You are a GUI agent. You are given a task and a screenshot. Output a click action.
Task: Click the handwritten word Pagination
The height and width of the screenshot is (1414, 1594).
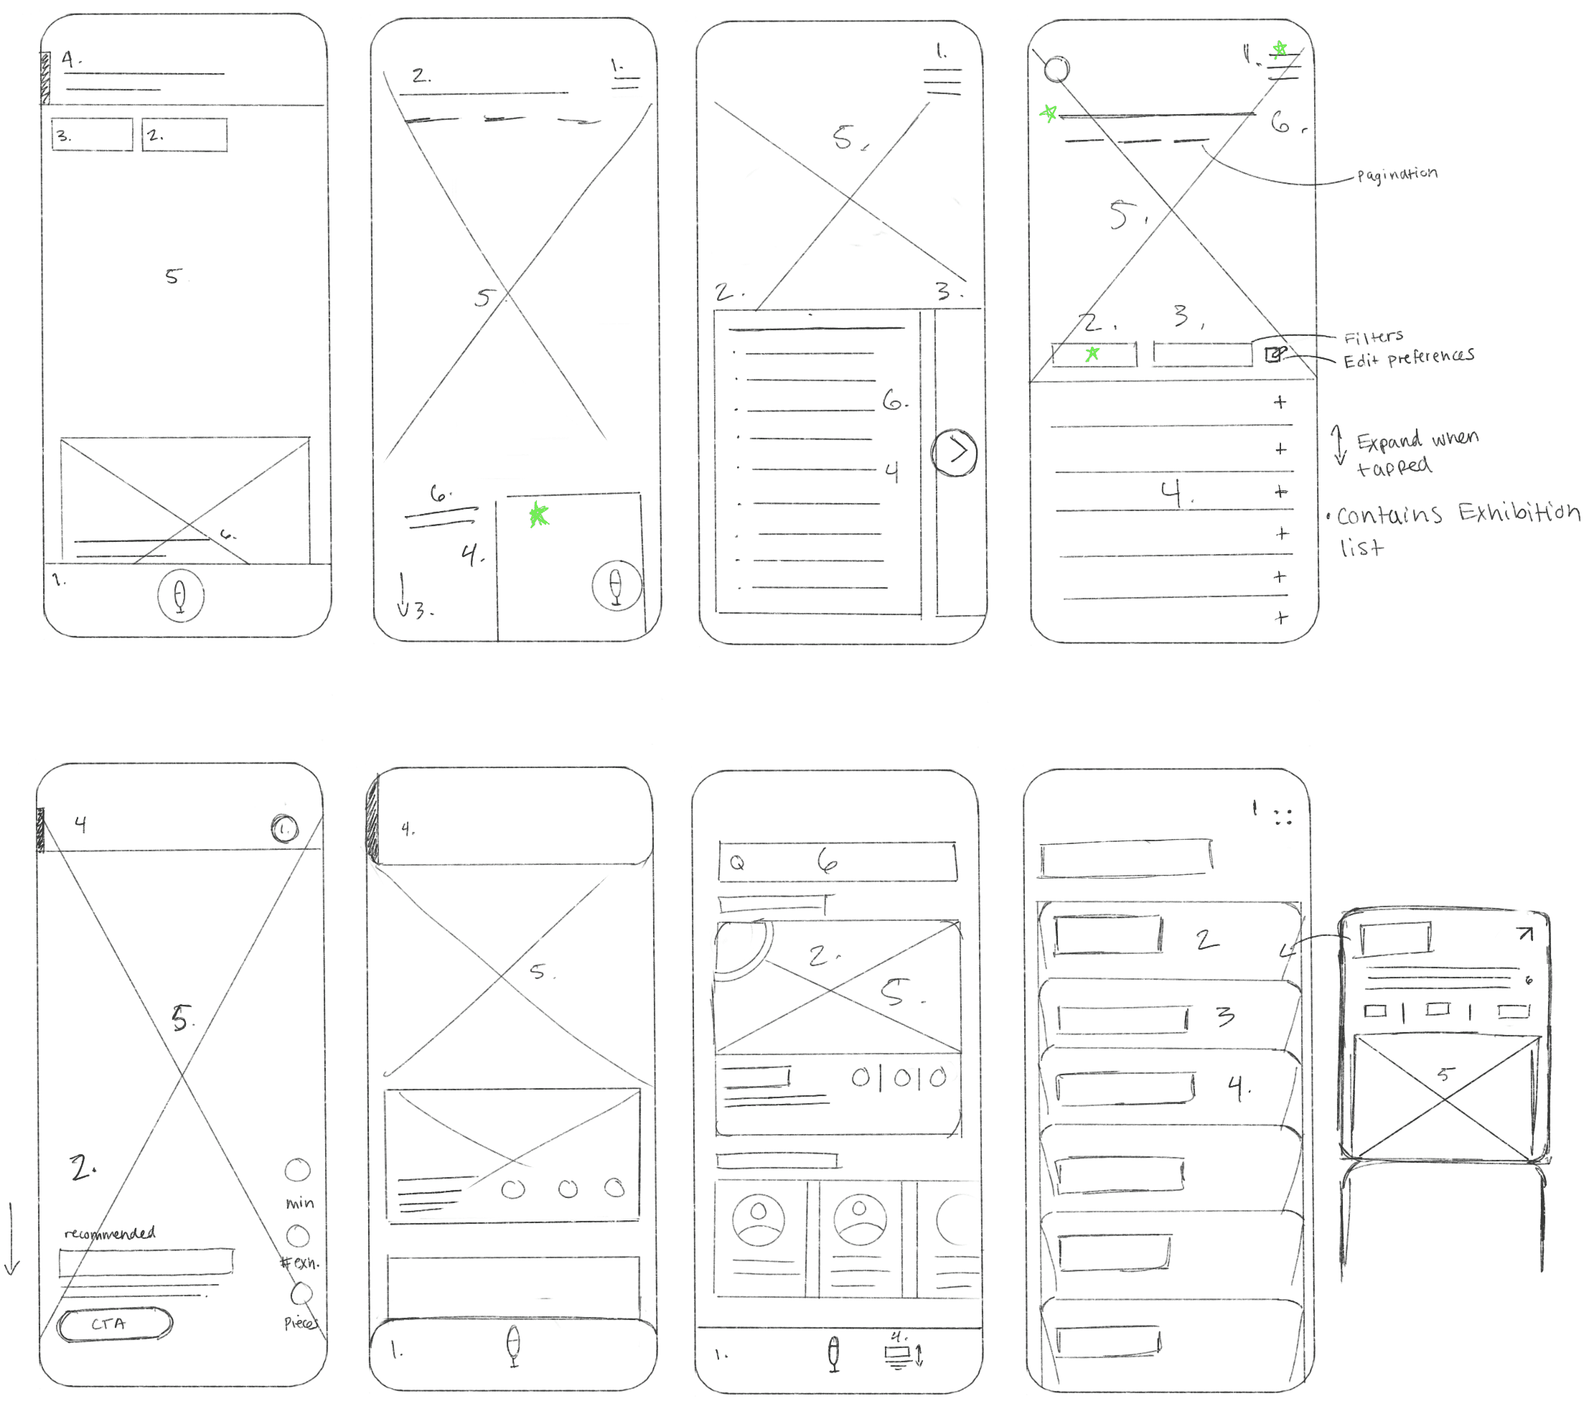tap(1397, 174)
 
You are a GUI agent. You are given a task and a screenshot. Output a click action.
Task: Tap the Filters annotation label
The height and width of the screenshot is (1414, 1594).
tap(1373, 337)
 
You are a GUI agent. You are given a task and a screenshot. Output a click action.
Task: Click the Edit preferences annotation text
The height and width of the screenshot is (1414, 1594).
tap(1408, 357)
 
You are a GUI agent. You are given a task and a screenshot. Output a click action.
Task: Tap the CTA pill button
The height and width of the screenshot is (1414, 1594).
tap(115, 1324)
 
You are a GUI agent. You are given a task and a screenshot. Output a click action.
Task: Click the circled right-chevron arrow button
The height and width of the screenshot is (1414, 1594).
tap(955, 451)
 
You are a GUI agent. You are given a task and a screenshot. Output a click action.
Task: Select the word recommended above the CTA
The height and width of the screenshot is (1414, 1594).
tap(110, 1233)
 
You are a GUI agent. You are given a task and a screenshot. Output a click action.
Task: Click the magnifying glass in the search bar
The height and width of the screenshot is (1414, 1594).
tap(737, 863)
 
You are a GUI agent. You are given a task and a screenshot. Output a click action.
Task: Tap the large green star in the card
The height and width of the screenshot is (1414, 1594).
tap(539, 515)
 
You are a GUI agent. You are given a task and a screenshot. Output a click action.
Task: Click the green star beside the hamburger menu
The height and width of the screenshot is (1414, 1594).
tap(1280, 50)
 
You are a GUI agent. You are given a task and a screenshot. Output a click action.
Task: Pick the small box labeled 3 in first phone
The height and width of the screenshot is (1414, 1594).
tap(92, 135)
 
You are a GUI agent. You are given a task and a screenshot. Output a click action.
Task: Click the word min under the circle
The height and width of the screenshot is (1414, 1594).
tap(299, 1204)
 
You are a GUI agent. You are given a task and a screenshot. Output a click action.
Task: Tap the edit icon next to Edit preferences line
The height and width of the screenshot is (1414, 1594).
tap(1272, 354)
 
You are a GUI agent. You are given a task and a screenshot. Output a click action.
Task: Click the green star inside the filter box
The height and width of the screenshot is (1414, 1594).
tap(1092, 354)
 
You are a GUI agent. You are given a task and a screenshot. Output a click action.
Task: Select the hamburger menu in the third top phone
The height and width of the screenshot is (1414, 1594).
tap(943, 82)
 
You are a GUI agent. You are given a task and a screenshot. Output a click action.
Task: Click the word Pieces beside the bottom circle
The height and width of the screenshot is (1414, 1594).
tap(300, 1323)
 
